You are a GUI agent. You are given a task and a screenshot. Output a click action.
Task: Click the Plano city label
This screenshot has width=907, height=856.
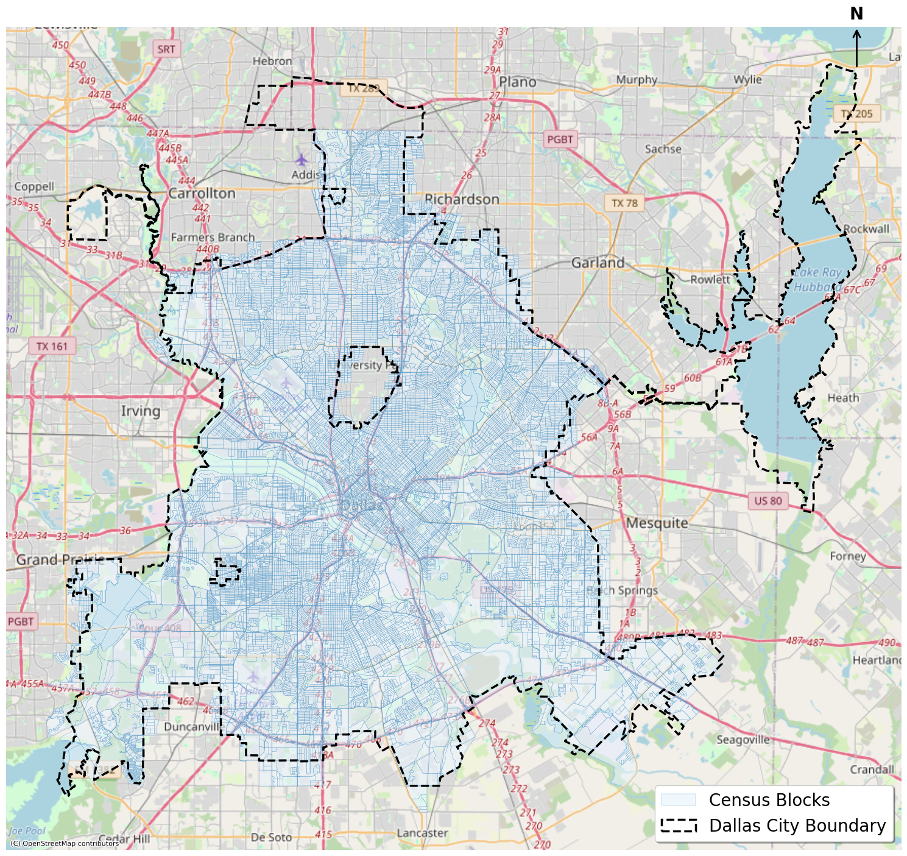(x=518, y=82)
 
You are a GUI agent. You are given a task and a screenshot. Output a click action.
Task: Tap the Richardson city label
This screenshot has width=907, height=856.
(x=462, y=199)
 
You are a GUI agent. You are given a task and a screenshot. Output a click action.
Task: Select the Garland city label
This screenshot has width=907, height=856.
(x=598, y=263)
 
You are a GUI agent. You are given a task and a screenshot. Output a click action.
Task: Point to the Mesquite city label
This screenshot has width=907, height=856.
(x=657, y=523)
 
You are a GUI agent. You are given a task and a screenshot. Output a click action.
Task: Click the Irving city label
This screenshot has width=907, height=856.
(x=140, y=411)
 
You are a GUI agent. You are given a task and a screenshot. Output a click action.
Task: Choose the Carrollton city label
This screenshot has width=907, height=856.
(x=202, y=194)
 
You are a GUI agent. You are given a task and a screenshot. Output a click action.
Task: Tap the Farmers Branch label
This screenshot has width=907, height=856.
(x=213, y=237)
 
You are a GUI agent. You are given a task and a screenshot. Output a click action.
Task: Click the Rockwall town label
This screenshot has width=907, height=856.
(x=866, y=229)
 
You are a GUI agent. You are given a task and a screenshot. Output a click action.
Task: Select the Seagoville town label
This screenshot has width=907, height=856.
(x=743, y=740)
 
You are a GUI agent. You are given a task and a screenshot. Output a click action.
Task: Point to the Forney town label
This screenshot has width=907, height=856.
(x=847, y=556)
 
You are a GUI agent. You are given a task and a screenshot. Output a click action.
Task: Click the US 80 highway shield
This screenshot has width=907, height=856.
(x=768, y=501)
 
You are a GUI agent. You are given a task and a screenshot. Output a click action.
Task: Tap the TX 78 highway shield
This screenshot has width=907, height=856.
(x=624, y=203)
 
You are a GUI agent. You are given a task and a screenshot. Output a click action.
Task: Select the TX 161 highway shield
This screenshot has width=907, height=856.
(x=52, y=346)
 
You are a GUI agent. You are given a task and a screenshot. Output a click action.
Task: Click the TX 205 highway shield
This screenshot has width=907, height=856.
(x=856, y=114)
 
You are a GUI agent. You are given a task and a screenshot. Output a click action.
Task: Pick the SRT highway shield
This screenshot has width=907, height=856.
(x=166, y=49)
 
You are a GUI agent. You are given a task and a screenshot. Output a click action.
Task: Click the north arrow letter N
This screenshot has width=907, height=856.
(x=856, y=14)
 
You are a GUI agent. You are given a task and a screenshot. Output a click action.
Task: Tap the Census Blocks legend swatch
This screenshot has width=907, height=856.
(x=678, y=800)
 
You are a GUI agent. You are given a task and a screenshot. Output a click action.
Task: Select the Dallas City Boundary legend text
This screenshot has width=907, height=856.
(x=797, y=826)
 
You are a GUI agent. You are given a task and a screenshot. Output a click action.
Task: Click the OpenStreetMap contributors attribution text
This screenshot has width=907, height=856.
(x=64, y=843)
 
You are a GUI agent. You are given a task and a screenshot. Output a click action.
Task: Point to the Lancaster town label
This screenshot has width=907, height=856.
(x=422, y=833)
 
